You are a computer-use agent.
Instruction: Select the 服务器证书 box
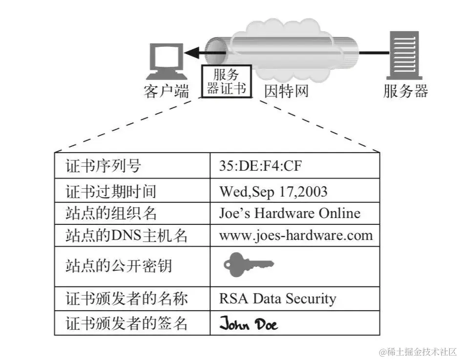pyautogui.click(x=226, y=81)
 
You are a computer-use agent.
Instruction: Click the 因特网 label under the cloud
pyautogui.click(x=286, y=91)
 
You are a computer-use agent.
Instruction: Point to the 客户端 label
pyautogui.click(x=167, y=91)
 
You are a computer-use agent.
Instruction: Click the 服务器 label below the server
pyautogui.click(x=405, y=91)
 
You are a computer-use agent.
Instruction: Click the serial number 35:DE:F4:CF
pyautogui.click(x=260, y=166)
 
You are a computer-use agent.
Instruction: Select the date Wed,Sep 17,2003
pyautogui.click(x=273, y=191)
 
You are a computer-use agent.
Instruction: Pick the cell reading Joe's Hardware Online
pyautogui.click(x=290, y=213)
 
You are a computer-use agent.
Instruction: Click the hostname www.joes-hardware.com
pyautogui.click(x=295, y=236)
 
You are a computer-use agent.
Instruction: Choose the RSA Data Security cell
pyautogui.click(x=277, y=298)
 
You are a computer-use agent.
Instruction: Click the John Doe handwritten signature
pyautogui.click(x=248, y=324)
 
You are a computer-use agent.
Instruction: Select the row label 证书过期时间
pyautogui.click(x=111, y=191)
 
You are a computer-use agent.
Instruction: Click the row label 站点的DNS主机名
pyautogui.click(x=126, y=236)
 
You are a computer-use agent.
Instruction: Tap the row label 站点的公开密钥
pyautogui.click(x=118, y=266)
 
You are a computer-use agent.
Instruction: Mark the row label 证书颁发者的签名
pyautogui.click(x=126, y=323)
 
